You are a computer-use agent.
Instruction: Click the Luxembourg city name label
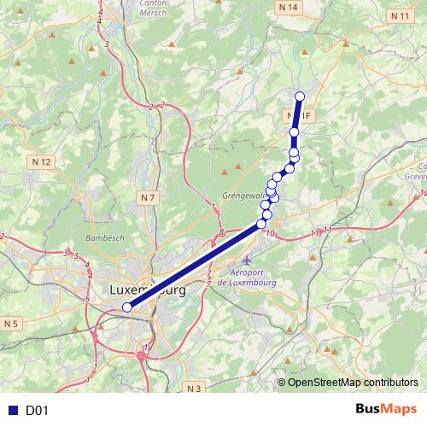click(x=148, y=290)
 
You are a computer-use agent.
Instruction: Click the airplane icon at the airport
click(x=248, y=259)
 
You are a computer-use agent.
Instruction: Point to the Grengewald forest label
click(x=245, y=195)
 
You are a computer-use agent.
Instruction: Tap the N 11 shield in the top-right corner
click(x=401, y=15)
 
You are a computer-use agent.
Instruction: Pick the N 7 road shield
click(x=148, y=198)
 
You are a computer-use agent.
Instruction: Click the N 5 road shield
click(x=10, y=324)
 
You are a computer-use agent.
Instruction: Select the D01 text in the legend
click(x=37, y=411)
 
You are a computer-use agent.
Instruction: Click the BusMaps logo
click(x=386, y=410)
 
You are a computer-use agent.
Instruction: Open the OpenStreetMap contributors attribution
click(x=353, y=382)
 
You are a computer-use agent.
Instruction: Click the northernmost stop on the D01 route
click(x=299, y=96)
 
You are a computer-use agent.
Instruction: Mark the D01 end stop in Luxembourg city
click(x=126, y=307)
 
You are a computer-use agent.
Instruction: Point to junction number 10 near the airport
click(x=271, y=233)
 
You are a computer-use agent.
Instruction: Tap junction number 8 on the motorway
click(x=221, y=231)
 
